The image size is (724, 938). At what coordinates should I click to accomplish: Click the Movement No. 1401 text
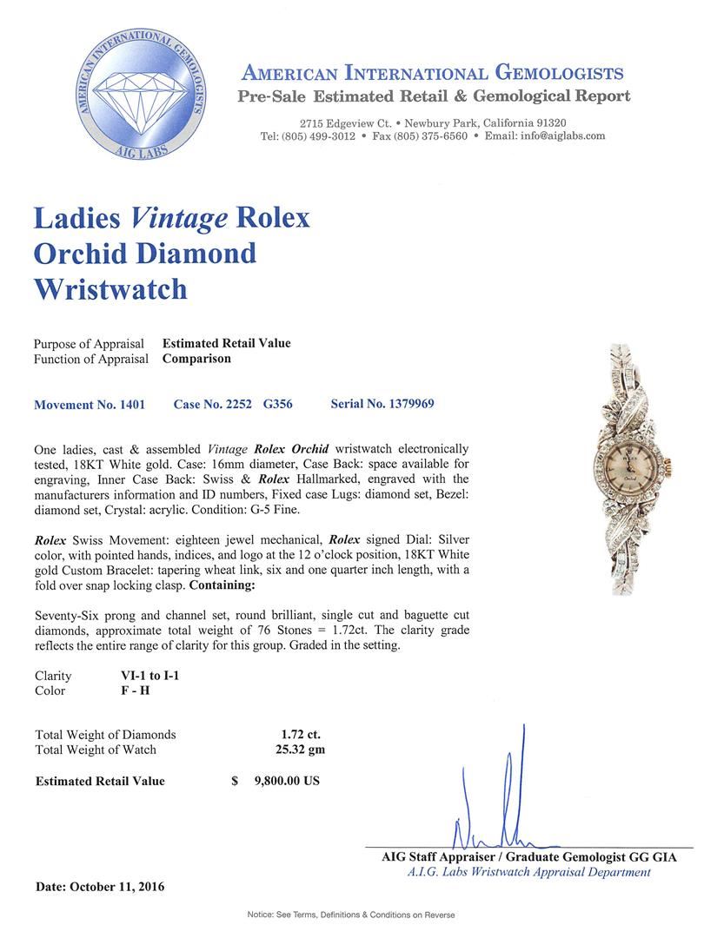[89, 405]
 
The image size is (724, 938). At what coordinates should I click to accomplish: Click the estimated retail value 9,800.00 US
[286, 781]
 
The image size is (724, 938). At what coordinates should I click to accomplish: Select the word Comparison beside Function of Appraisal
[196, 359]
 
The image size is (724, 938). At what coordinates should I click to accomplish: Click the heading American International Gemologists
[432, 73]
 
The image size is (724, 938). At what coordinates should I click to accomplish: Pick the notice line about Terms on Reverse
[351, 915]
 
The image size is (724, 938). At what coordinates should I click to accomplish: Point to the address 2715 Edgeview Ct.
[342, 123]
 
